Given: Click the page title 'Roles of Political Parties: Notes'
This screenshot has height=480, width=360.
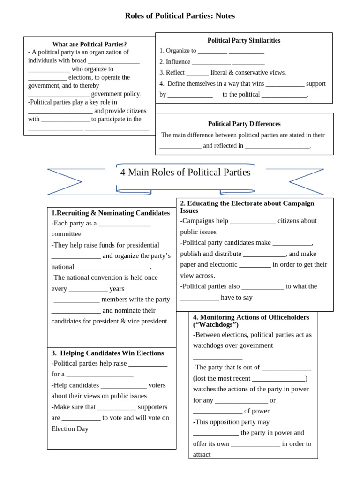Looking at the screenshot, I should pos(180,16).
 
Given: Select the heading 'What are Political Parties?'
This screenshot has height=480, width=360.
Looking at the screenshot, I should pos(89,44).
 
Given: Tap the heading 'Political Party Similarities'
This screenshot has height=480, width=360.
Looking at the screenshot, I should pos(244,40).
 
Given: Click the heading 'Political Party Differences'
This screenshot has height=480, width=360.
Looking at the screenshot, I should pos(244,124).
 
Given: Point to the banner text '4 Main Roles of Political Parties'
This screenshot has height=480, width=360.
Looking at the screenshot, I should pos(185,172).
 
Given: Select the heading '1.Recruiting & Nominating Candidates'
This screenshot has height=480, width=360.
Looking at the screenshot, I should pos(111,213).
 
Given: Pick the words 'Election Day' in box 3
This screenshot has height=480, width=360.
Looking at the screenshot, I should pos(70,428).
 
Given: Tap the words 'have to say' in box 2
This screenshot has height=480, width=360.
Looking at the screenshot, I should pos(237,297).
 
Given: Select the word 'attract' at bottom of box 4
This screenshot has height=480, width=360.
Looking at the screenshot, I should pos(202,454).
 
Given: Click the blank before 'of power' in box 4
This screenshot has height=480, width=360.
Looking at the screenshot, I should pos(217,411).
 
